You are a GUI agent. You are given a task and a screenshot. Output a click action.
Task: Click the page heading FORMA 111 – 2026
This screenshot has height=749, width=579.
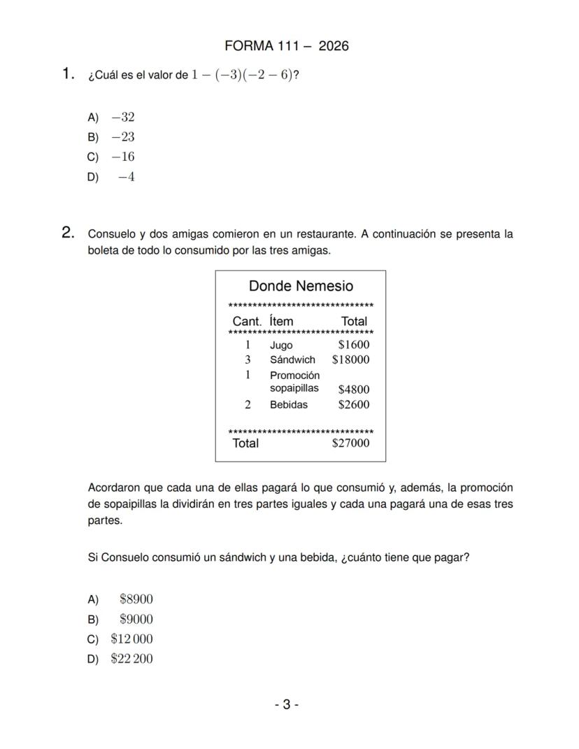click(286, 46)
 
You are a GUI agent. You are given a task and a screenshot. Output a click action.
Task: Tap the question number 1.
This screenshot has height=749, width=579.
click(68, 73)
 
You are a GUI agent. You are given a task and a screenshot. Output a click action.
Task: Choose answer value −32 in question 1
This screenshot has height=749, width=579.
click(122, 117)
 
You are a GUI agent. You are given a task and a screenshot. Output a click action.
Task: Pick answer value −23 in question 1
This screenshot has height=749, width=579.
click(122, 137)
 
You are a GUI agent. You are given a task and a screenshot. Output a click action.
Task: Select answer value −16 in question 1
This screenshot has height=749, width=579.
click(122, 157)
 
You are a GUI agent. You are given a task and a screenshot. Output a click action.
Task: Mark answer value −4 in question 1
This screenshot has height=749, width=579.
click(126, 177)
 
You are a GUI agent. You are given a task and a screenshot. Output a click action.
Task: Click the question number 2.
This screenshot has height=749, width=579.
click(68, 233)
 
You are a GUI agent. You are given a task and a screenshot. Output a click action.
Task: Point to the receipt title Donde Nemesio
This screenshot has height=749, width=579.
click(301, 286)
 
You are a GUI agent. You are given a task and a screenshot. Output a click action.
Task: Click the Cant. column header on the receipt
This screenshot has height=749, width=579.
click(247, 322)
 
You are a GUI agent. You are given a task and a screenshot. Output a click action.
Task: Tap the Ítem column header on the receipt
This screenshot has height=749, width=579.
click(281, 322)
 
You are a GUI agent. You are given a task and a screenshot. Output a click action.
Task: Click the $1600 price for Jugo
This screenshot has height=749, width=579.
click(353, 345)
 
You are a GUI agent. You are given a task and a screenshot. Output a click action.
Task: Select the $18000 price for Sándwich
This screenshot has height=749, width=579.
click(350, 360)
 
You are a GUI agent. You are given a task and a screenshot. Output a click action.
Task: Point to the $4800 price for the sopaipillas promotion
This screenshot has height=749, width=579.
click(353, 390)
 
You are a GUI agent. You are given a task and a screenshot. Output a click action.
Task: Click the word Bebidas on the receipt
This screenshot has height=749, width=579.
click(288, 405)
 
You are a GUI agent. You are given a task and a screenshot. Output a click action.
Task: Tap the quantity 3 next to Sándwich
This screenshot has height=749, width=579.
click(248, 360)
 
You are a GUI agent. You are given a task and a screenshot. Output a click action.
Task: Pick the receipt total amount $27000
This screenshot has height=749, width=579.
click(350, 443)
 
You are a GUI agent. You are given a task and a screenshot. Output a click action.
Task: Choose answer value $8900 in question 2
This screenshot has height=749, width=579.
click(136, 599)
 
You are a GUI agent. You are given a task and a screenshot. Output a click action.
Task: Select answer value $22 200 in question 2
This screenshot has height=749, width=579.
click(131, 659)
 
